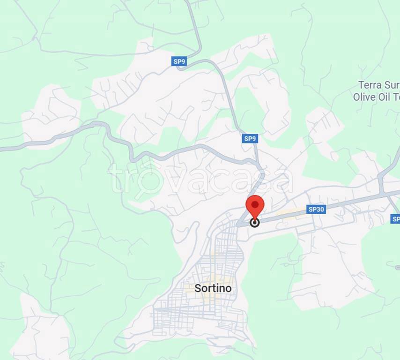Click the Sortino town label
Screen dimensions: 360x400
click(213, 288)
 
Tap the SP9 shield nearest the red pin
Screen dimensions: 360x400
click(250, 139)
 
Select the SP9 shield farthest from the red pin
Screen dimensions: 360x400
click(179, 61)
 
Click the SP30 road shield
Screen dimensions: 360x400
click(316, 210)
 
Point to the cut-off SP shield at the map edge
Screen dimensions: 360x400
click(395, 219)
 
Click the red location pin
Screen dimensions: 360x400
click(255, 207)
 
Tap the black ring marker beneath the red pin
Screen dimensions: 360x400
click(255, 223)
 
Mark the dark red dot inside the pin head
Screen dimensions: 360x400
click(255, 204)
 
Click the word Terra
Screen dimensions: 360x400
click(370, 85)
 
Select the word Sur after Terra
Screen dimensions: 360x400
click(392, 85)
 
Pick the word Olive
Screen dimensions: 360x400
click(364, 97)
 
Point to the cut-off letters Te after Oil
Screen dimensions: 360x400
click(396, 97)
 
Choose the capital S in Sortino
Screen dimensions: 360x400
click(198, 288)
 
